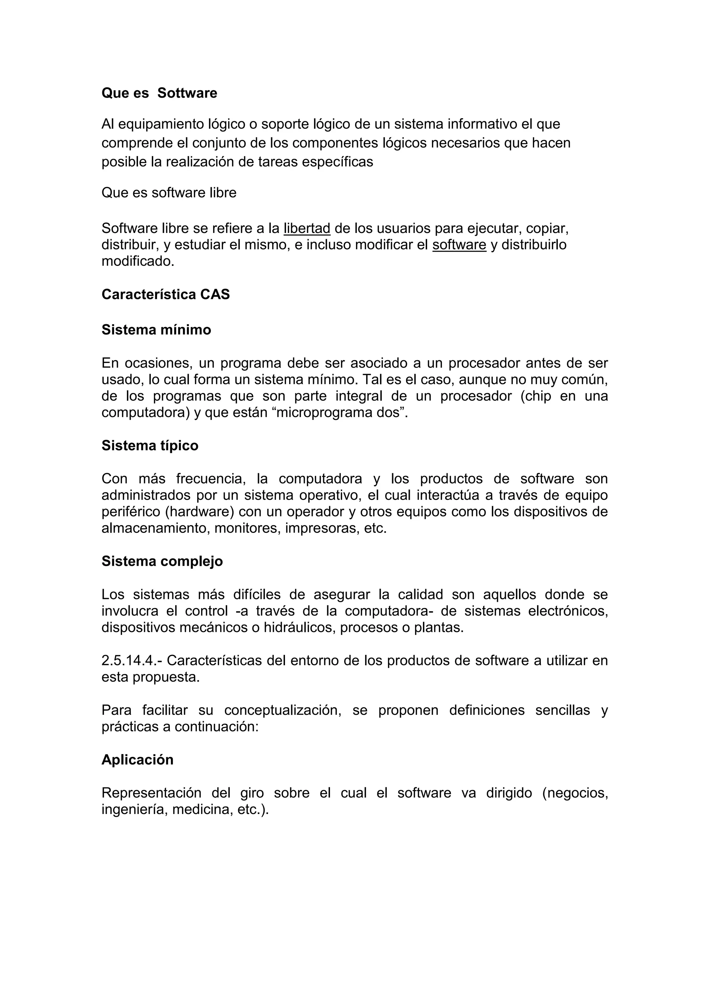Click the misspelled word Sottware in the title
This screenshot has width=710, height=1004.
[x=187, y=93]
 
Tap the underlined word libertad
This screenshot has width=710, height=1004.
[x=307, y=228]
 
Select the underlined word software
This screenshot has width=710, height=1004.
[x=459, y=245]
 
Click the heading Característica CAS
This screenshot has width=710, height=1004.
[x=165, y=294]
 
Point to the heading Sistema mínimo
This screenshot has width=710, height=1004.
[x=156, y=330]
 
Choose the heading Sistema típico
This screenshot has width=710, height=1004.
[x=150, y=445]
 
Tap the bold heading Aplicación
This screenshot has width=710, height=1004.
[x=137, y=760]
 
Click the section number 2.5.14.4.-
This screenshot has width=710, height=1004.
[x=129, y=660]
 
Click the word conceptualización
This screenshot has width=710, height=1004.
[x=283, y=710]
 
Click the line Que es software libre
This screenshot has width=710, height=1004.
[x=169, y=193]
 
